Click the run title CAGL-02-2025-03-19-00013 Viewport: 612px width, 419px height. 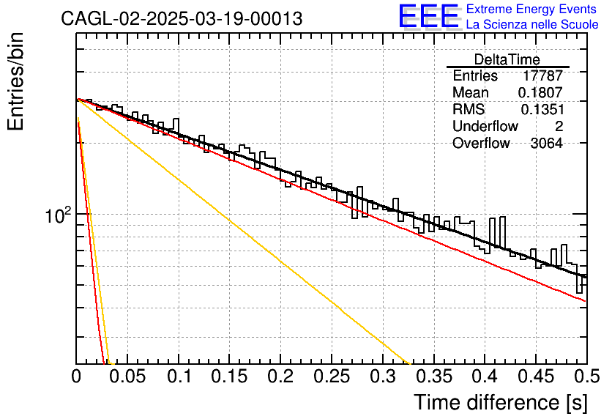tap(182, 18)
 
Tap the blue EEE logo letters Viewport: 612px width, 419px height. tap(428, 16)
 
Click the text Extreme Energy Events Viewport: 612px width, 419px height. tap(531, 9)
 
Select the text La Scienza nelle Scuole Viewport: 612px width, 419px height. tap(532, 25)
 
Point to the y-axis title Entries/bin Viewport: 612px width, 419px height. tap(16, 81)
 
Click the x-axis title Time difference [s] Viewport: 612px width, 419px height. tap(501, 403)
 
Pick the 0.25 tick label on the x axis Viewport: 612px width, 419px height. tap(332, 377)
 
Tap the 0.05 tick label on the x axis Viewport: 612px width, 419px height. tap(127, 377)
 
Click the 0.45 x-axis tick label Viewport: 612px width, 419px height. tap(536, 377)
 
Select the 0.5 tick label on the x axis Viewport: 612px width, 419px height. tap(586, 377)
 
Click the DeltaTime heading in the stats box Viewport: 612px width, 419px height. tap(507, 59)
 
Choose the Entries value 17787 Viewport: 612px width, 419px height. tap(542, 75)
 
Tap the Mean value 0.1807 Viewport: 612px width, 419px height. tap(540, 92)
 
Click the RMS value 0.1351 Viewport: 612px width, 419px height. tap(542, 110)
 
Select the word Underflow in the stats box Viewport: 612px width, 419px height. tap(485, 126)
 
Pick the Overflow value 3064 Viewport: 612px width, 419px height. tap(546, 144)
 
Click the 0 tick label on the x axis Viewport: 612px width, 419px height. tap(76, 377)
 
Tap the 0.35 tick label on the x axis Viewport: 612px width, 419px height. tap(434, 377)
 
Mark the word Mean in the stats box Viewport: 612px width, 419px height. tap(470, 92)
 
